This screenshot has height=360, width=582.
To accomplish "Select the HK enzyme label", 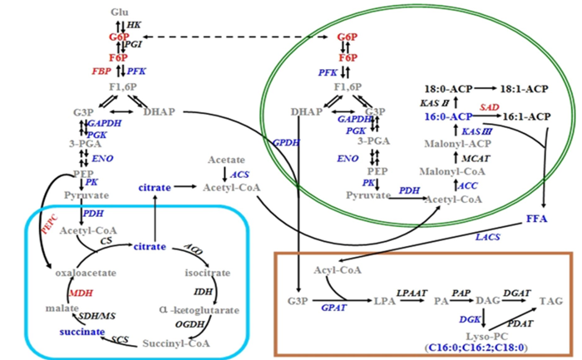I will coord(134,26).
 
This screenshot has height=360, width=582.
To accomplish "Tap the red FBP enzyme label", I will coord(101,72).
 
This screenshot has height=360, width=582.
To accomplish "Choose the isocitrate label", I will coord(205,272).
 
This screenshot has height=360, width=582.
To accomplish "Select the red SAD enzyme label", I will coord(489,107).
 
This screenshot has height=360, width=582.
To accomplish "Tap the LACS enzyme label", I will coord(489,238).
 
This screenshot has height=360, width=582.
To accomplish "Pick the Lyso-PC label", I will coord(469,333).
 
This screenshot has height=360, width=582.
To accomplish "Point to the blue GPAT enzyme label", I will coord(333,308).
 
